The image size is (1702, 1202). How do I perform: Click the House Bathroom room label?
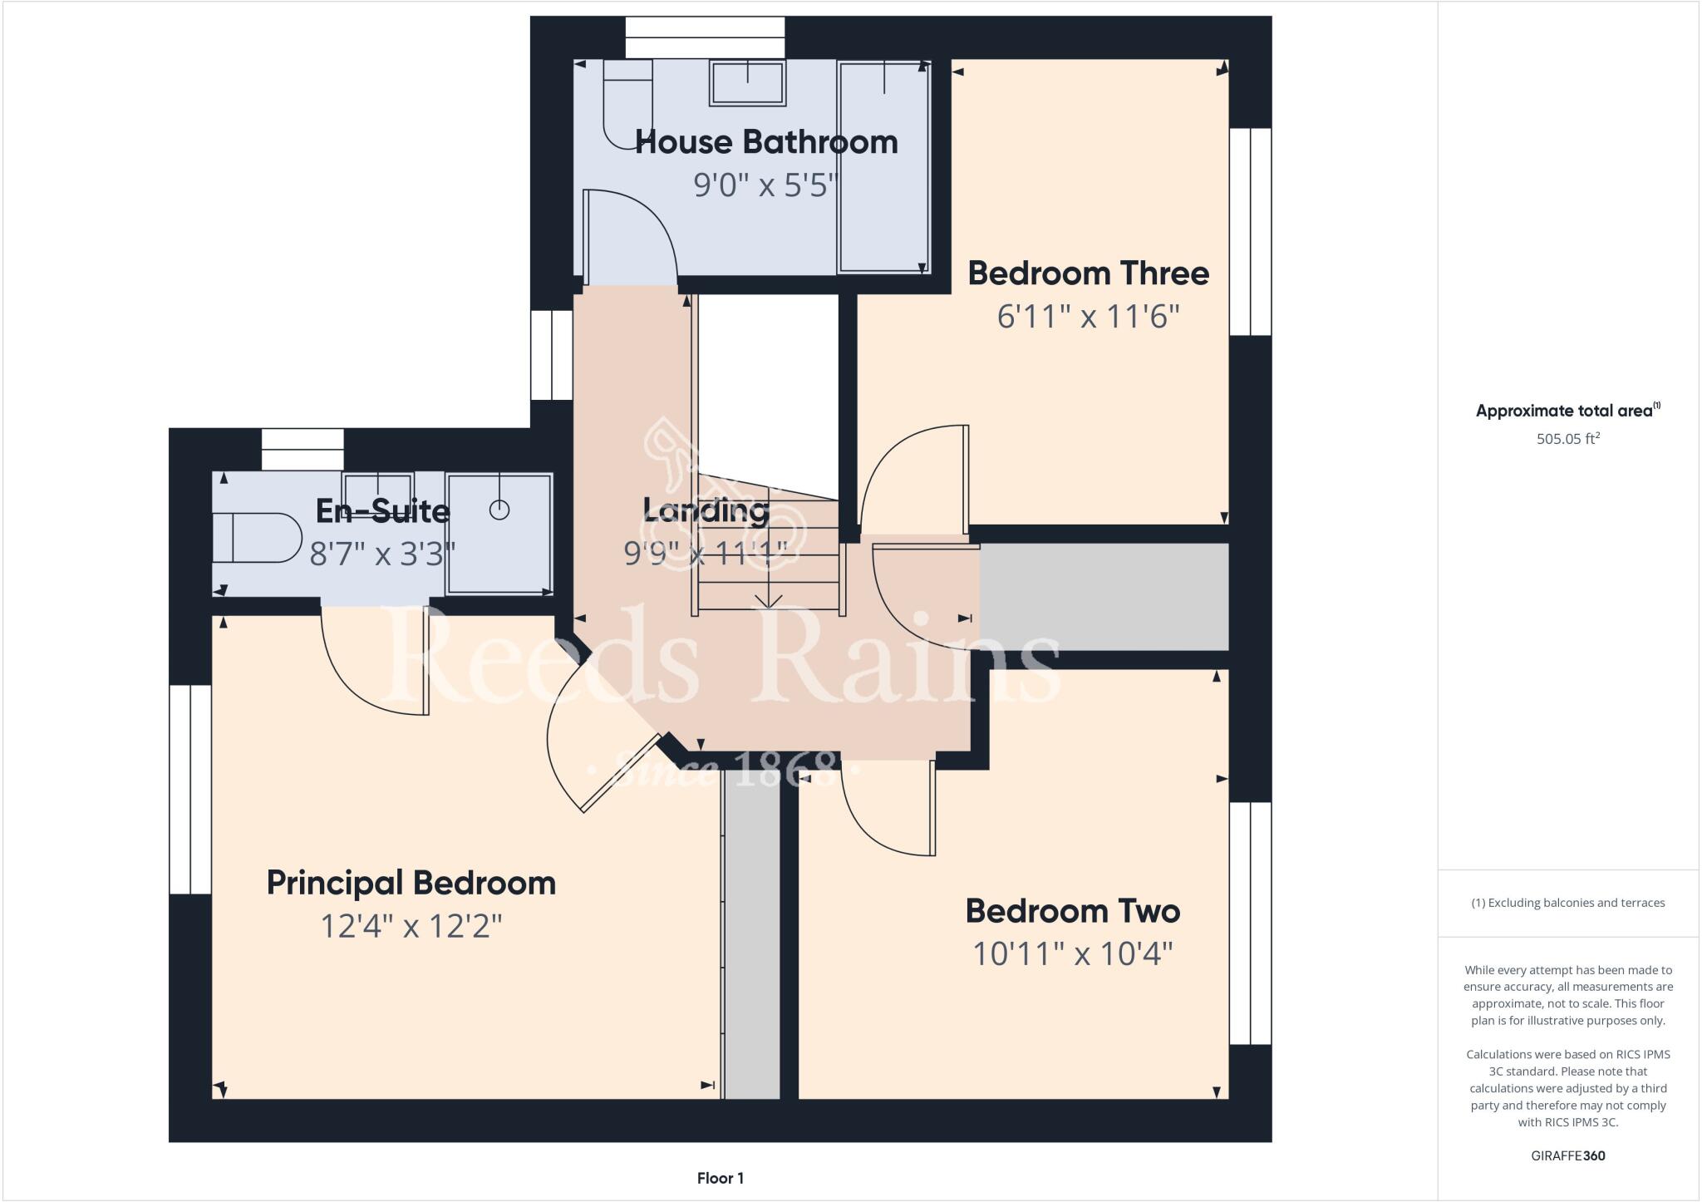click(766, 142)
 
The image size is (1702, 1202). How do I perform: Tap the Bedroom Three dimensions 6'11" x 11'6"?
click(1088, 317)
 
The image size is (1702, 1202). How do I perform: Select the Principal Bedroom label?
click(411, 883)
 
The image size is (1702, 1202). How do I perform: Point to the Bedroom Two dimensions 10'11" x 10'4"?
click(1072, 953)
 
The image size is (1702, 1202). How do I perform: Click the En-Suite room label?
click(382, 510)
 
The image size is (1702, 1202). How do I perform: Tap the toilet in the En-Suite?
click(256, 538)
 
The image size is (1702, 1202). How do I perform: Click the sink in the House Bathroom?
click(747, 82)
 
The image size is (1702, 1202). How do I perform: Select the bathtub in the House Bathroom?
click(883, 167)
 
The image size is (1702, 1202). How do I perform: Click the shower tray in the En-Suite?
click(499, 534)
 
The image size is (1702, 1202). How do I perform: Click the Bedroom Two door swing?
click(888, 807)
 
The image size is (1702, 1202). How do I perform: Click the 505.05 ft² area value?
click(1567, 438)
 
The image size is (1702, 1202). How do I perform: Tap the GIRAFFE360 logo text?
click(1567, 1155)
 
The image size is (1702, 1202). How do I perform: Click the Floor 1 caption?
click(720, 1178)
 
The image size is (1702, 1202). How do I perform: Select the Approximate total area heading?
click(1567, 410)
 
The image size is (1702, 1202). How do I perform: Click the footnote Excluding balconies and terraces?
click(1567, 903)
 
